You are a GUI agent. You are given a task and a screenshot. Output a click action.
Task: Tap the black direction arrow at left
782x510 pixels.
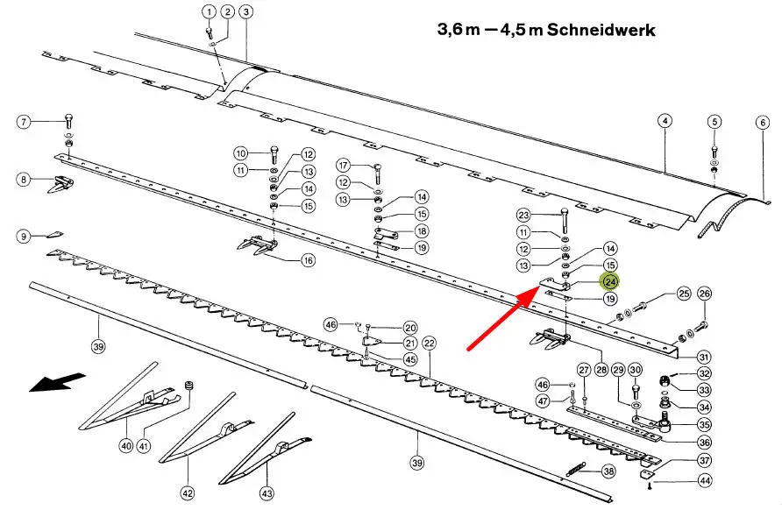coord(58,383)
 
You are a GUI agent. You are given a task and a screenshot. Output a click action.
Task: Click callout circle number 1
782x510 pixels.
coord(209,11)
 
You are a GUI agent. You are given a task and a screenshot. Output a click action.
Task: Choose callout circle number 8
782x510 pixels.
coord(25,180)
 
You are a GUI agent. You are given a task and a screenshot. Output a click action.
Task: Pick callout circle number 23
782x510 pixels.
coord(523,215)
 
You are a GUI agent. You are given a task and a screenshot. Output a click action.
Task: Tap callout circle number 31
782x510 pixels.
coord(704,357)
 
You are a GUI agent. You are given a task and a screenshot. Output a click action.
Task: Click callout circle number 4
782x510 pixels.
coord(665,120)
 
